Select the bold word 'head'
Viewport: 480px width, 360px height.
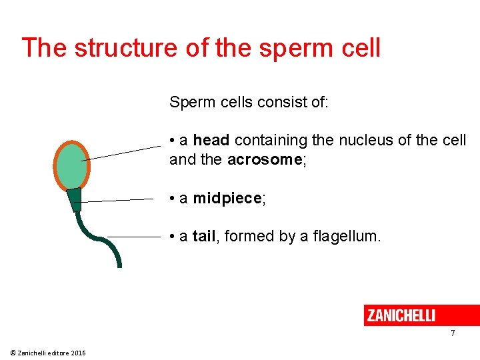211,141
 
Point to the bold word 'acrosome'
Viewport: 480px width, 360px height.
265,160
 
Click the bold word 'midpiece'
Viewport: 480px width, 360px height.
227,199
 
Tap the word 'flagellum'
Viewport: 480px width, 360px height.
347,236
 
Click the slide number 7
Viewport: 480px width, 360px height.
453,333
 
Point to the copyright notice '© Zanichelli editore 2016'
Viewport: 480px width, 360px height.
48,353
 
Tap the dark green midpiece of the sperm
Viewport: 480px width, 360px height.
74,199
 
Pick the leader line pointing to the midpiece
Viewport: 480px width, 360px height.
117,200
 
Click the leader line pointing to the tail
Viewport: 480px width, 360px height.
133,237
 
